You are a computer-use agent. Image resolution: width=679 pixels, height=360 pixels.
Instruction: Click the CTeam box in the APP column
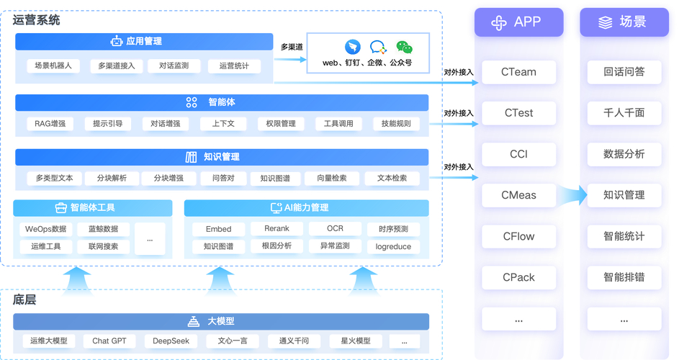pos(518,72)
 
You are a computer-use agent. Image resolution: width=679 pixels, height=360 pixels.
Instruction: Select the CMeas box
pos(518,195)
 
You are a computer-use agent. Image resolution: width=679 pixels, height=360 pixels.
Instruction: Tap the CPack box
pos(518,277)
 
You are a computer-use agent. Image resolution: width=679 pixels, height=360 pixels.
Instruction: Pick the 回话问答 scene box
pos(624,72)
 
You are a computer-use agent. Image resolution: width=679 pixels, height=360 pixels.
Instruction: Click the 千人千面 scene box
pos(624,113)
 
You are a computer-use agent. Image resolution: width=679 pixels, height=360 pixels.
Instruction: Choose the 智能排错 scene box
pos(624,277)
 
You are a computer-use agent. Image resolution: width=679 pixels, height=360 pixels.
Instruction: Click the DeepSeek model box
pos(171,341)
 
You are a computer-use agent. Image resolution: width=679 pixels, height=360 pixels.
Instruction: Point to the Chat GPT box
pos(109,341)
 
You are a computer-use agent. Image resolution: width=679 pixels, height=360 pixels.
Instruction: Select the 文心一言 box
pos(232,341)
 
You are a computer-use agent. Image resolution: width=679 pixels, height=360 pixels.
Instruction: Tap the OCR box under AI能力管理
pos(335,229)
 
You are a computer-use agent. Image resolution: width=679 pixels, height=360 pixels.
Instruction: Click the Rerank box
pos(276,229)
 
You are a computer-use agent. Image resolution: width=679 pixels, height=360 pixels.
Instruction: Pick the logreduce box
pos(393,246)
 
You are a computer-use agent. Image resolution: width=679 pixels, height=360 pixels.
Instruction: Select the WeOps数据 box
pos(45,229)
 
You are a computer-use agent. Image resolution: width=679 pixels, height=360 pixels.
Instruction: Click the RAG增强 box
pos(50,124)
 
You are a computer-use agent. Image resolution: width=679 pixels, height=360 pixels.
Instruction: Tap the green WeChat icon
pos(405,48)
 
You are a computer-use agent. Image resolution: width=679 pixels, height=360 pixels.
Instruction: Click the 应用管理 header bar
pos(144,42)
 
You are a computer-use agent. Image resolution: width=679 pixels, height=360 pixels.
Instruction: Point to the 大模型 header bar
pos(221,321)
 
